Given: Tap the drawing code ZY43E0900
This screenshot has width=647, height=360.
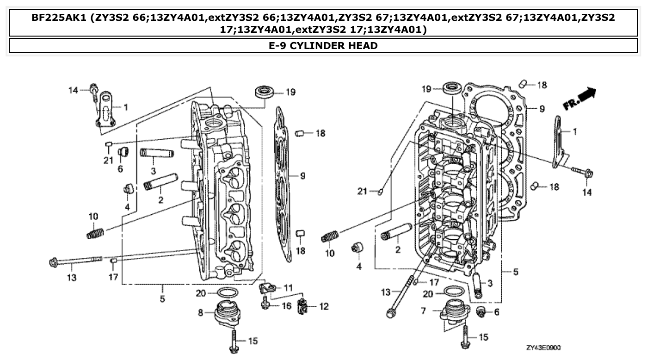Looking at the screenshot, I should coord(543,347).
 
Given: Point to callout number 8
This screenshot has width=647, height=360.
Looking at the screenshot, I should coord(200,313).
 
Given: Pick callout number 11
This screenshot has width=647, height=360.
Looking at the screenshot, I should coord(288,288).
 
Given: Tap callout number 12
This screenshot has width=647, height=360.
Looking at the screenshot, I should coord(324,306).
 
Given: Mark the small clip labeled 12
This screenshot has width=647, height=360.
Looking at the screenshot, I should coord(302,305).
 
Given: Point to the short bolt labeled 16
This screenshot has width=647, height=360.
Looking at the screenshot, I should coord(265,304).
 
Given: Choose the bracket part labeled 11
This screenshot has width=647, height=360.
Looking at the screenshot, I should coord(266,288).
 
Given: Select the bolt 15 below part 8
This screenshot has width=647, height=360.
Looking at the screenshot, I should coord(234,341).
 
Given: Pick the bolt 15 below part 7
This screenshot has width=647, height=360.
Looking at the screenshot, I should coord(465,338).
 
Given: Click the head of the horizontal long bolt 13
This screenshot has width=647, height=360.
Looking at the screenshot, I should coord(53,262).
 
